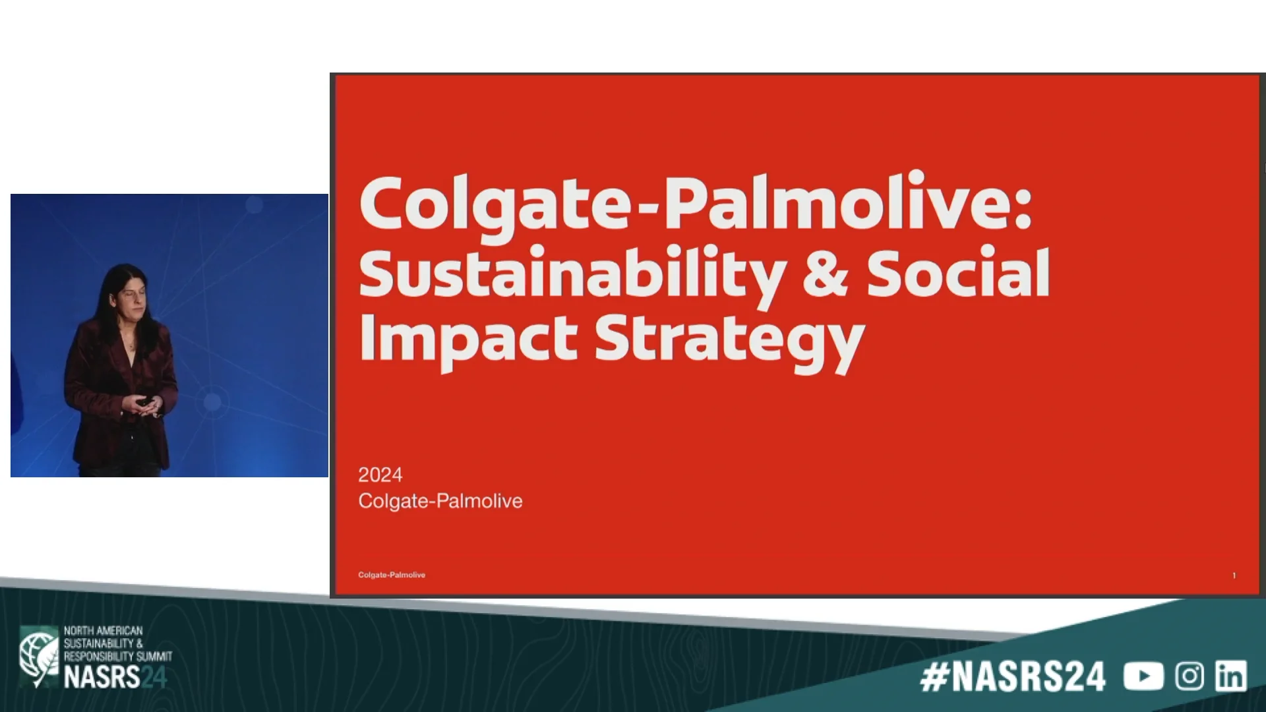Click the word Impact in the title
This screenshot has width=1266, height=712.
click(468, 340)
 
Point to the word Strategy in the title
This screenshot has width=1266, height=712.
click(729, 341)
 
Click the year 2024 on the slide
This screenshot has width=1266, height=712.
click(380, 475)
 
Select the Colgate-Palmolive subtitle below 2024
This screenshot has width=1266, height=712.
click(440, 501)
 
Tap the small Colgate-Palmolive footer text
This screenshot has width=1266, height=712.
click(391, 575)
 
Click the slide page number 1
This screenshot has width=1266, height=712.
click(1234, 576)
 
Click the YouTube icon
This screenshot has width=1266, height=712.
click(1143, 676)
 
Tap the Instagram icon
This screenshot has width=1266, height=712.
click(1189, 676)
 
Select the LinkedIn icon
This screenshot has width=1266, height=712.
click(1230, 676)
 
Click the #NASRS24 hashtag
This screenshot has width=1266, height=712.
click(1012, 677)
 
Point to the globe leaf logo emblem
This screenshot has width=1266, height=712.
click(38, 656)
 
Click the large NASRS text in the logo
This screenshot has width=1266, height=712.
click(102, 678)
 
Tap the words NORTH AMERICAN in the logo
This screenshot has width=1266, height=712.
click(103, 631)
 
